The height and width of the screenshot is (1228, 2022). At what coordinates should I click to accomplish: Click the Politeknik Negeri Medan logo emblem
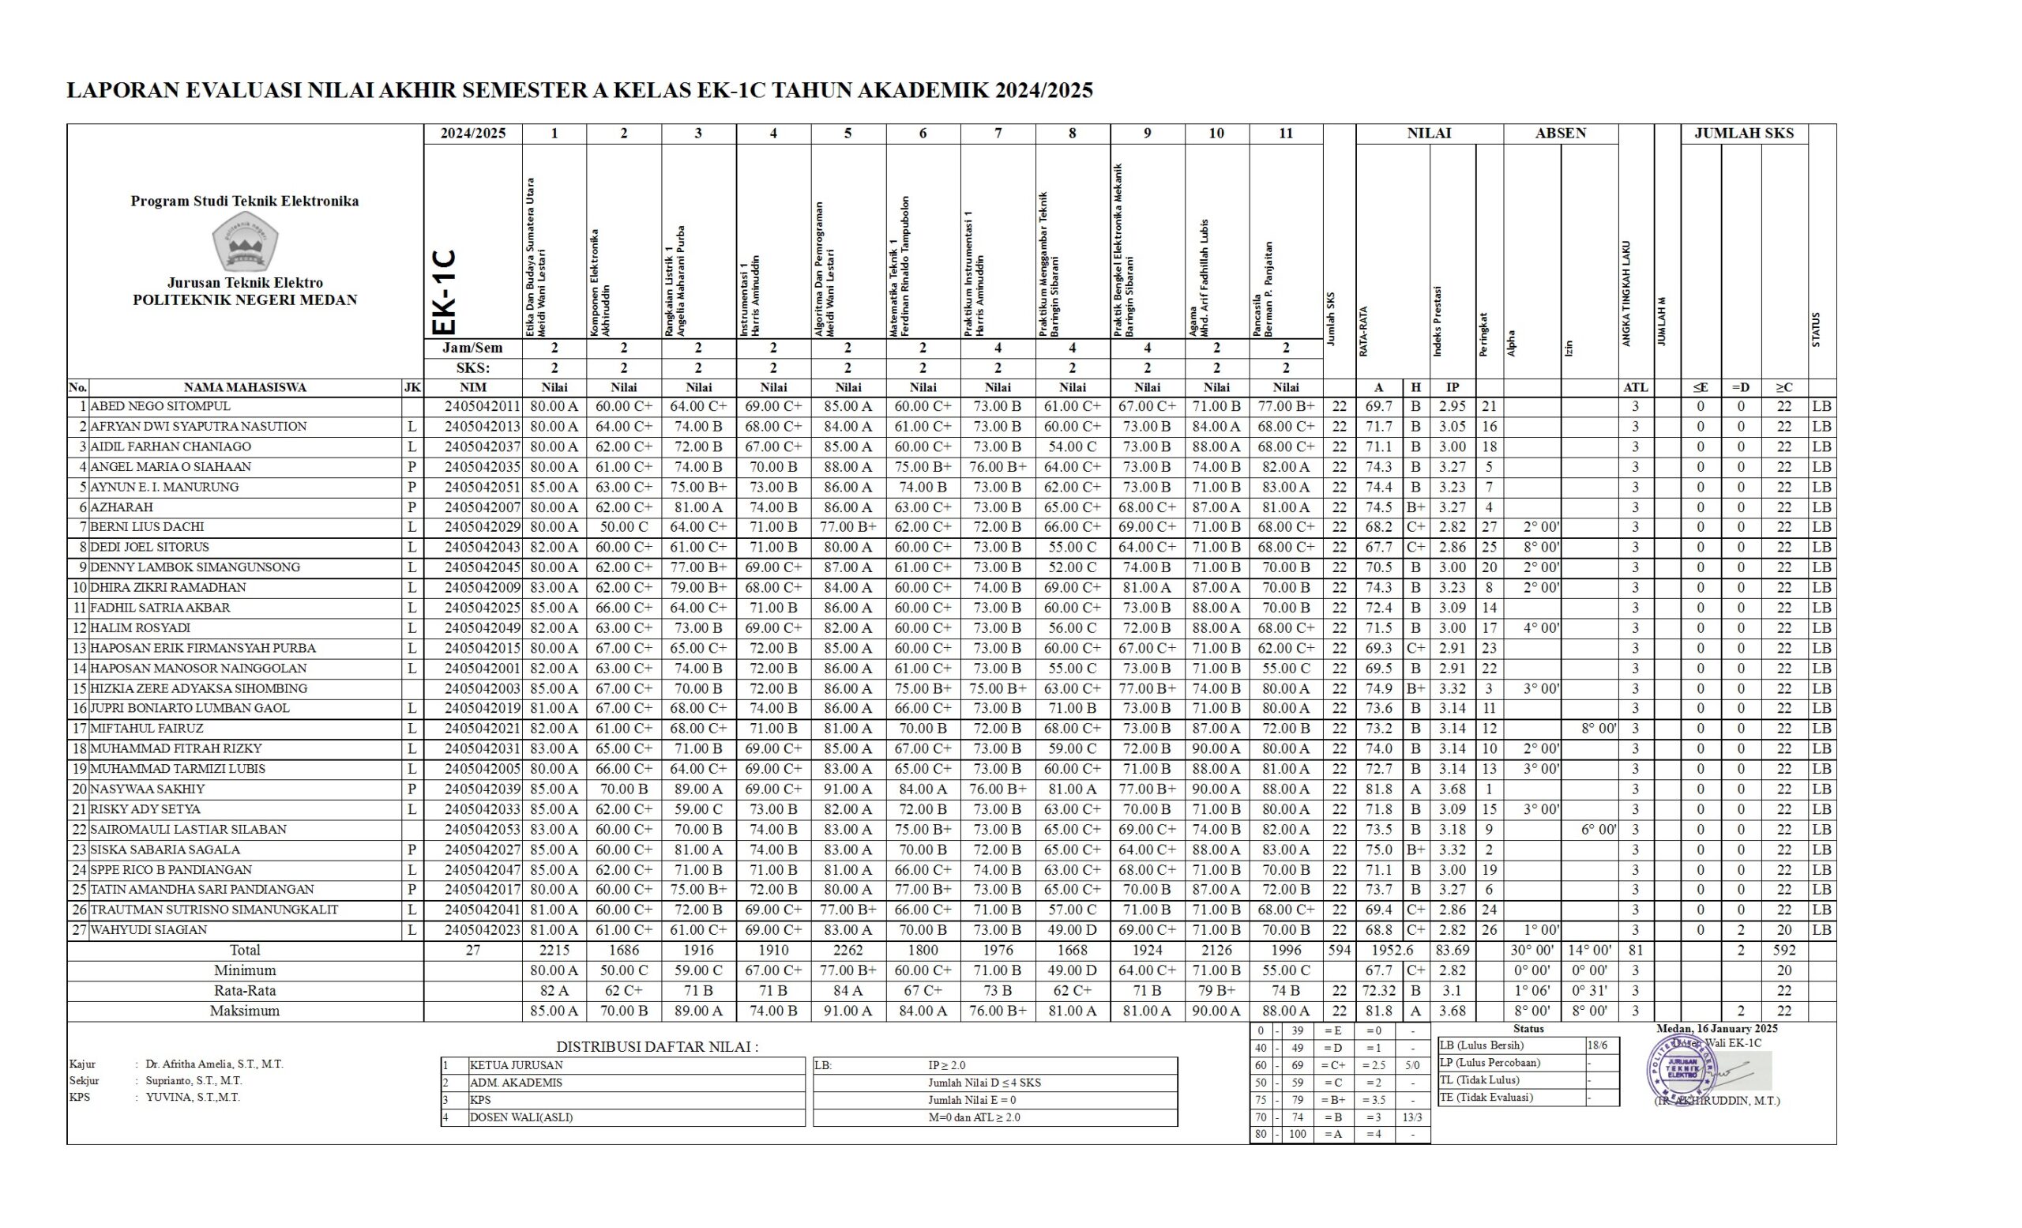pyautogui.click(x=245, y=240)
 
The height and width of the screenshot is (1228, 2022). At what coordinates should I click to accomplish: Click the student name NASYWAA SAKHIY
pyautogui.click(x=148, y=789)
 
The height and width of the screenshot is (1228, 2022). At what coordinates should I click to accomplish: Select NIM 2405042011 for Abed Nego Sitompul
pyautogui.click(x=482, y=406)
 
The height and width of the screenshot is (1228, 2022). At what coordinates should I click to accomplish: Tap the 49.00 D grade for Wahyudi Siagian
pyautogui.click(x=1072, y=930)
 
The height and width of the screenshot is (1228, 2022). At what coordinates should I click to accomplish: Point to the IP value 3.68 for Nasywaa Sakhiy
pyautogui.click(x=1452, y=789)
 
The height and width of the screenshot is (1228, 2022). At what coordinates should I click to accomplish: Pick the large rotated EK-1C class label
pyautogui.click(x=444, y=292)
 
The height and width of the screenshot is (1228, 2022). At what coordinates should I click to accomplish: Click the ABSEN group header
pyautogui.click(x=1560, y=133)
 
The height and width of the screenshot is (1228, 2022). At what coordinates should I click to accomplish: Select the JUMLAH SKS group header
pyautogui.click(x=1744, y=133)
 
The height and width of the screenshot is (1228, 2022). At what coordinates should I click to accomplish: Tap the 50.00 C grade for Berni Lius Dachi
pyautogui.click(x=623, y=527)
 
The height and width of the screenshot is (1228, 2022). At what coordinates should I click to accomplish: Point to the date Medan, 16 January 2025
pyautogui.click(x=1717, y=1029)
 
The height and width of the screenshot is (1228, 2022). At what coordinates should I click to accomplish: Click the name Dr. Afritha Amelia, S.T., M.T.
pyautogui.click(x=214, y=1064)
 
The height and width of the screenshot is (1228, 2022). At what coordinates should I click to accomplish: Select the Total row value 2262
pyautogui.click(x=848, y=951)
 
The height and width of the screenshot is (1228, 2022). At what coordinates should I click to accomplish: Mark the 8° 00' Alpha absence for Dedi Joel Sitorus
pyautogui.click(x=1540, y=548)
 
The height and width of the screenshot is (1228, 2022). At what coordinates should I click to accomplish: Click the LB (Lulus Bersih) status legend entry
pyautogui.click(x=1481, y=1045)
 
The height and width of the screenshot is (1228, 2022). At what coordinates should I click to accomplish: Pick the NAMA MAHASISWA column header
pyautogui.click(x=245, y=387)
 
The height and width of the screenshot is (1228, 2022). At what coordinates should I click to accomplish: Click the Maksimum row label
pyautogui.click(x=245, y=1011)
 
